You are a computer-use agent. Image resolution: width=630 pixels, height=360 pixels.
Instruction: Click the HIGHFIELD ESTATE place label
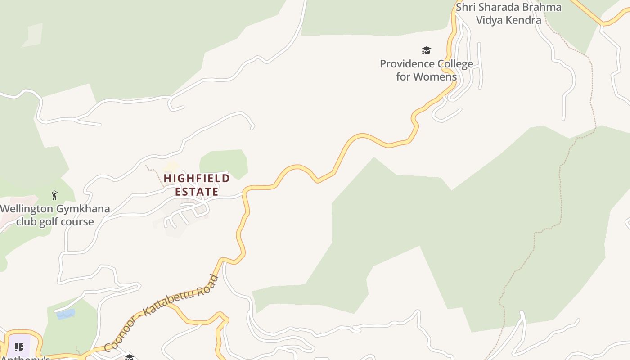(197, 185)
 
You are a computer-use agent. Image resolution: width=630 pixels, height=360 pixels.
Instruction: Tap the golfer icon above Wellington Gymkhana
(55, 195)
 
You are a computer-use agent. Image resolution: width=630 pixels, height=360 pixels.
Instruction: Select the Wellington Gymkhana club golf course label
(55, 216)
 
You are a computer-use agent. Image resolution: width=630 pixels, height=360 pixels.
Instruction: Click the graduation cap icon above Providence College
(426, 50)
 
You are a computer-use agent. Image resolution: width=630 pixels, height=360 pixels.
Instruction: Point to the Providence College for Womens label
(426, 70)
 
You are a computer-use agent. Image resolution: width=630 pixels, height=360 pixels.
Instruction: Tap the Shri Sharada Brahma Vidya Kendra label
(508, 13)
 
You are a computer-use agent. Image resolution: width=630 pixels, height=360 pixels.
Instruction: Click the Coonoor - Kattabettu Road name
(161, 313)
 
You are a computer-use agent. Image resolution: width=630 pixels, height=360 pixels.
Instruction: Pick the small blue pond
(66, 314)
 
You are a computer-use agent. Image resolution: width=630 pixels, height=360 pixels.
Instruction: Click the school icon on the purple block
(18, 347)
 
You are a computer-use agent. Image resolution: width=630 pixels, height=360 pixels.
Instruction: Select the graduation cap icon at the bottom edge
(129, 357)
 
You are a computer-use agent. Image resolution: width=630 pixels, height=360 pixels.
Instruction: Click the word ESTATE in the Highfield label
(197, 192)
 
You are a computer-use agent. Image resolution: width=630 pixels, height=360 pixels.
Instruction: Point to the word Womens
(435, 77)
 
